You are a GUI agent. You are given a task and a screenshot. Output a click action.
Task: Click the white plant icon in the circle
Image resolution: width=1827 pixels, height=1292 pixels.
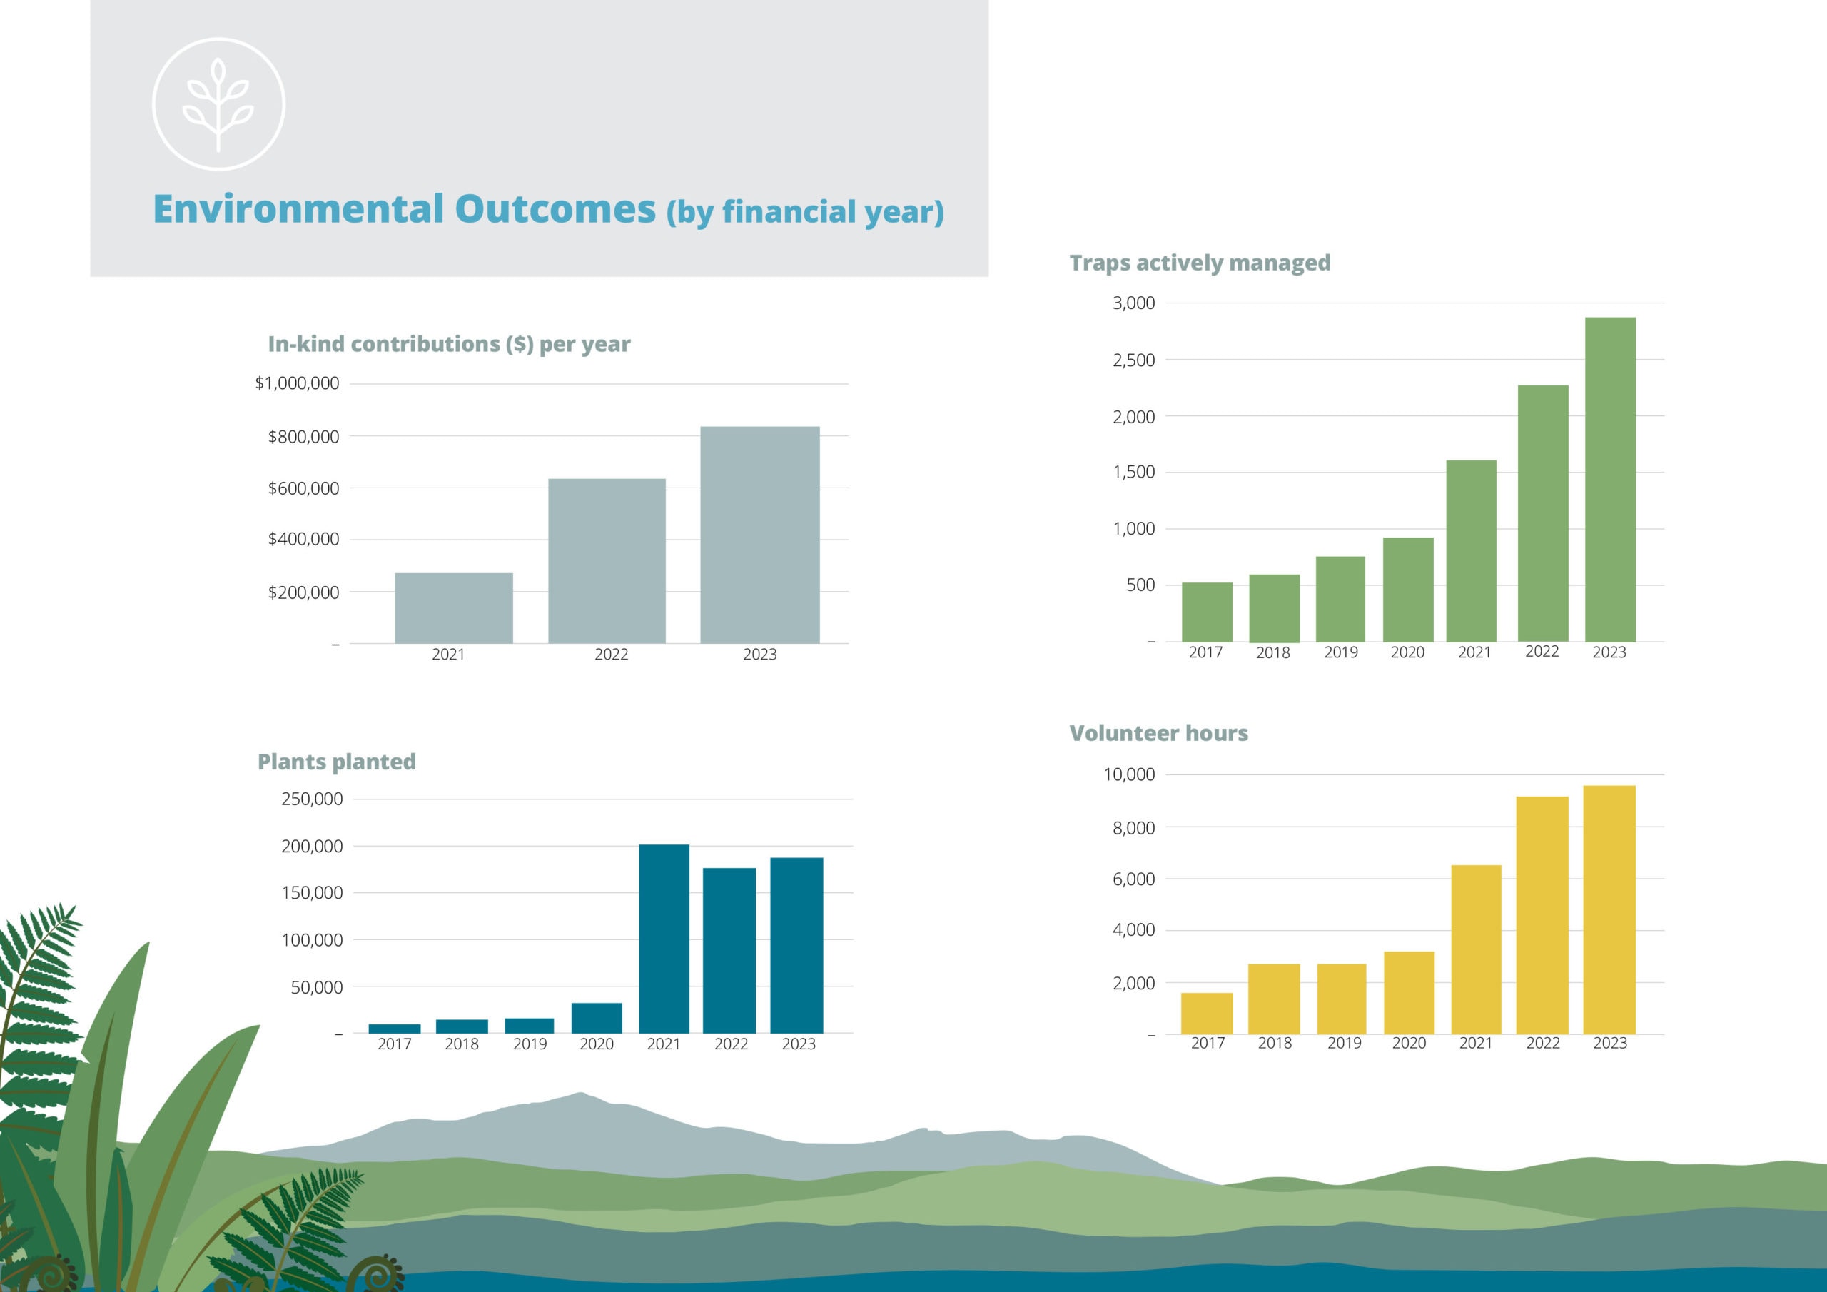218,104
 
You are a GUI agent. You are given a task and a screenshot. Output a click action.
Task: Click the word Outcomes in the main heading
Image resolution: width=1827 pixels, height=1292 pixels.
555,209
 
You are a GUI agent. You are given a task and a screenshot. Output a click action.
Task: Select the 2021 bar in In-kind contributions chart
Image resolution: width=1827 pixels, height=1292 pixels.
454,607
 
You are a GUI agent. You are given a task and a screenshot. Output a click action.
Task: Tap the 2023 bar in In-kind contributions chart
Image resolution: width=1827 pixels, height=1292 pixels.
759,535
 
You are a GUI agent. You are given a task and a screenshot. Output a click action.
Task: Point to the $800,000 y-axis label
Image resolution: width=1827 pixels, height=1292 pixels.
303,436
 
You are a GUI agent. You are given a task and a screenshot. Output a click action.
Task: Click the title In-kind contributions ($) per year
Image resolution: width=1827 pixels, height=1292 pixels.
449,344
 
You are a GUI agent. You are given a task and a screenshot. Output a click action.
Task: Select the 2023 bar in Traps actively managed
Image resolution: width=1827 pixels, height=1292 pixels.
1610,479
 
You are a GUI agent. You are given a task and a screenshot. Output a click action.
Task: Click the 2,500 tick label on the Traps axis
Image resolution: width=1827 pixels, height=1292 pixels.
1133,360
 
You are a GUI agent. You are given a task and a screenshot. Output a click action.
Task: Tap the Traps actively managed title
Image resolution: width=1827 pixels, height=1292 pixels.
1199,263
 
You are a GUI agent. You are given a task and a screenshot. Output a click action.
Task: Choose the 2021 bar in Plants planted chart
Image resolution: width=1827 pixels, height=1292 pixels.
664,939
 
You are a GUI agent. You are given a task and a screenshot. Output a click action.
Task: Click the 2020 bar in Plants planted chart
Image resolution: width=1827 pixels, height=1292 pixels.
596,1018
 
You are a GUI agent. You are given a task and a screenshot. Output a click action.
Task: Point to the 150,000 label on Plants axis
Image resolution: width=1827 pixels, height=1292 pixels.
312,892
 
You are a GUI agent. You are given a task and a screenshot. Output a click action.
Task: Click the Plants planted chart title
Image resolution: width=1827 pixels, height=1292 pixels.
336,762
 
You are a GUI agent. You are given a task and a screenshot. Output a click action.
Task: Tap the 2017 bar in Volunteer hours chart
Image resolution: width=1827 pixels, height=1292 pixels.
1206,1014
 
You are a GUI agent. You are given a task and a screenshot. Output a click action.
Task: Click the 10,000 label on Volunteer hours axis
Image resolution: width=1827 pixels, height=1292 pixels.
1128,774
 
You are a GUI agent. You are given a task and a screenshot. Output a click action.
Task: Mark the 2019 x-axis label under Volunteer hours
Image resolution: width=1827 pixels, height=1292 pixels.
1344,1043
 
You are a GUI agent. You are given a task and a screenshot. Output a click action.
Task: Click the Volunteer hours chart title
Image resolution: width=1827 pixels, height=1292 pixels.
1158,733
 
